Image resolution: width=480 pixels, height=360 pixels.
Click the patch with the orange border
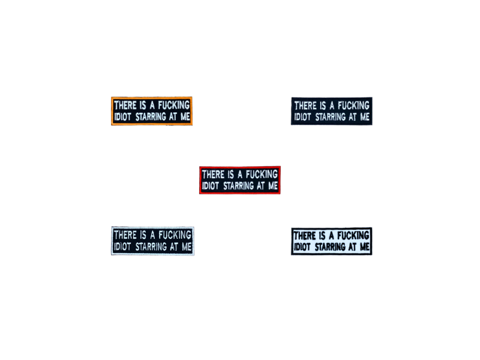click(x=152, y=111)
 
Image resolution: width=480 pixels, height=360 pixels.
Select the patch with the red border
click(x=239, y=180)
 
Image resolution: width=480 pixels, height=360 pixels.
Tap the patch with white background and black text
click(x=332, y=241)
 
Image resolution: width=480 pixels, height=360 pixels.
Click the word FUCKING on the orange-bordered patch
click(x=174, y=106)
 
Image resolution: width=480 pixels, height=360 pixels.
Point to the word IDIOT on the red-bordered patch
click(x=211, y=186)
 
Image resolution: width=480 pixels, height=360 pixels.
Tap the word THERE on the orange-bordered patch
click(x=125, y=106)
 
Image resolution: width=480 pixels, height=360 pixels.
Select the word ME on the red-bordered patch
click(x=273, y=185)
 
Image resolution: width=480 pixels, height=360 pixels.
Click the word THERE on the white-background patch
click(x=305, y=236)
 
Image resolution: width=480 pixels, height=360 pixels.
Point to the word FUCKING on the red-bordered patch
click(x=262, y=175)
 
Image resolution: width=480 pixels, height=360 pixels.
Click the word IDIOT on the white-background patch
click(x=302, y=247)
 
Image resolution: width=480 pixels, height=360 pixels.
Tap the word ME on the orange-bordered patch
click(x=185, y=116)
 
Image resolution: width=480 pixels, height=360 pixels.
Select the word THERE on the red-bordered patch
click(x=214, y=175)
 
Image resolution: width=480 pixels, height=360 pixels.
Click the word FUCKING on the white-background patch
click(x=353, y=236)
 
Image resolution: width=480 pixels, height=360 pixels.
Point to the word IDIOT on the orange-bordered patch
click(x=122, y=116)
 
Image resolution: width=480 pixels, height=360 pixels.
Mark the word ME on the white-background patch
click(x=365, y=247)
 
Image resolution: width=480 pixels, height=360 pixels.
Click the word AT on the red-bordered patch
click(x=261, y=186)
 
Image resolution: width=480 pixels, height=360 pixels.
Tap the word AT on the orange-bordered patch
click(x=173, y=116)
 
